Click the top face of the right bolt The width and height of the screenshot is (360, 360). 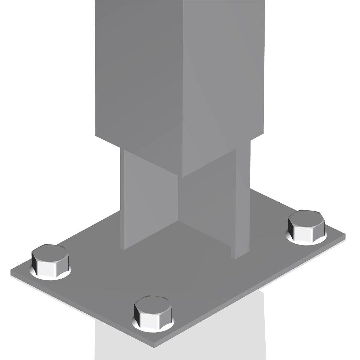pos(306,217)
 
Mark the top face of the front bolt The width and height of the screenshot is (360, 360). pos(153,303)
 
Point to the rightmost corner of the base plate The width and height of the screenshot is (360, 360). pos(345,236)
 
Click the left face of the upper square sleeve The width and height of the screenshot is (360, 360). pos(140,72)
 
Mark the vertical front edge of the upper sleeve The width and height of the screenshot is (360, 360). pos(184,90)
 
